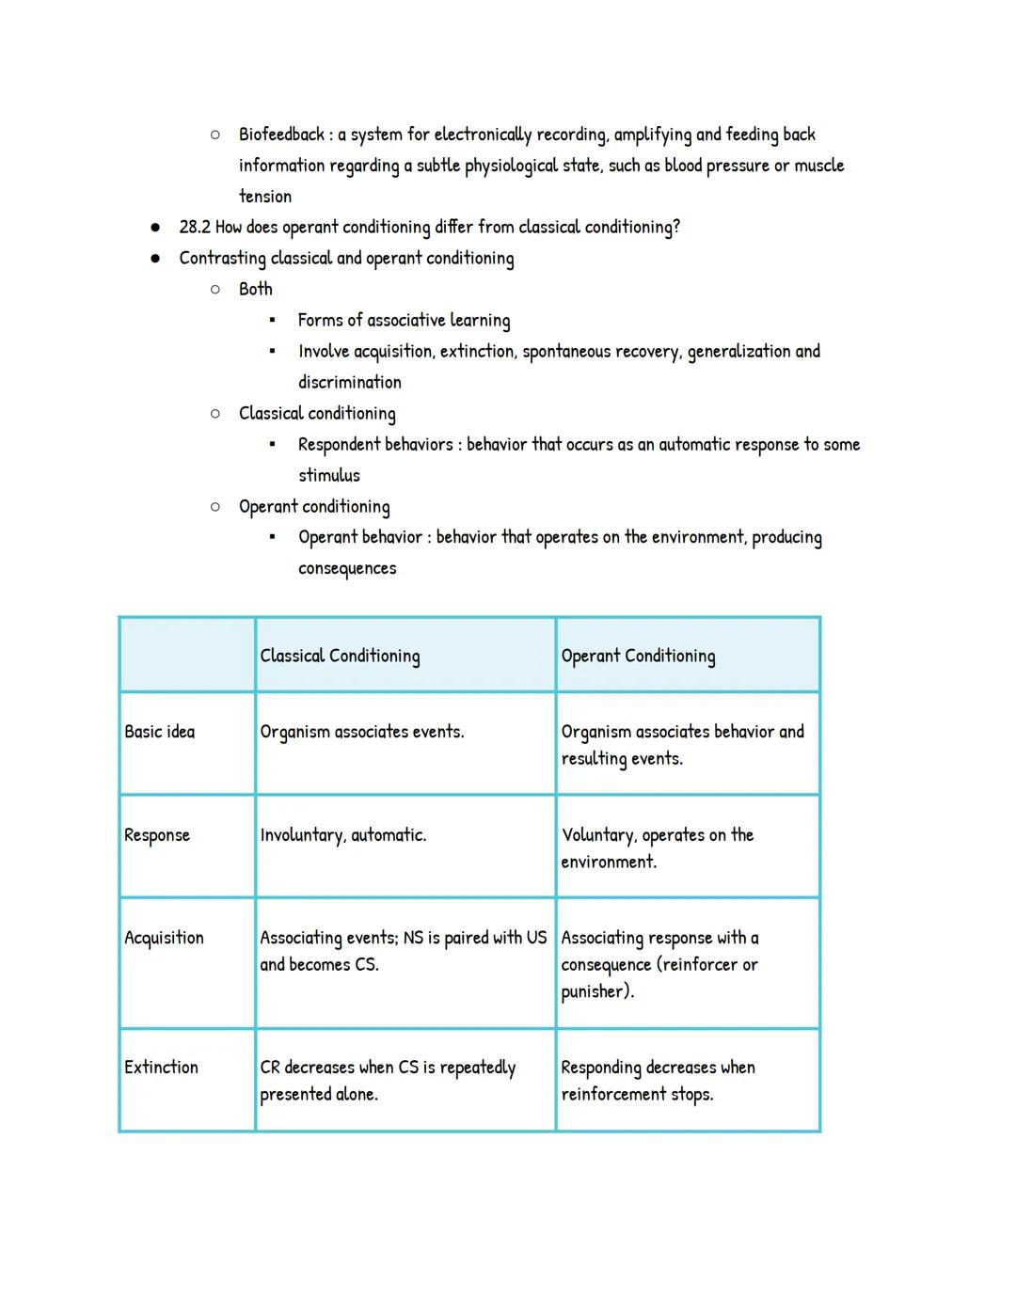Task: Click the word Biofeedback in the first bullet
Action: coord(281,135)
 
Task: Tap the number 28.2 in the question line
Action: coord(195,227)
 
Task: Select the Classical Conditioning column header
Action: coord(340,656)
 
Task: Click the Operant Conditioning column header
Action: coord(638,656)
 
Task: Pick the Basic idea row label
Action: coord(160,732)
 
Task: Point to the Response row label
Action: coord(157,835)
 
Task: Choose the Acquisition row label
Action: coord(164,938)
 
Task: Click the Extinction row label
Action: coord(161,1068)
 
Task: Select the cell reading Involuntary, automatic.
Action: coord(342,835)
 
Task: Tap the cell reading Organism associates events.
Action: coord(361,732)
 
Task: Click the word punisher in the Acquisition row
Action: coord(594,991)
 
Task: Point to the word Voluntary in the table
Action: coord(597,835)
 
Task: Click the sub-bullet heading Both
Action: coord(255,289)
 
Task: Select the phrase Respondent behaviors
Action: coord(375,444)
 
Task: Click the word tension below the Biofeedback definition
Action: coord(264,197)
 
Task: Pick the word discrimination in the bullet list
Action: coord(349,382)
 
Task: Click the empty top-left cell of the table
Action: coord(187,655)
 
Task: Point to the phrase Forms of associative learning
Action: coord(404,320)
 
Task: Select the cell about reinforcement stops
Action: coord(658,1081)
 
